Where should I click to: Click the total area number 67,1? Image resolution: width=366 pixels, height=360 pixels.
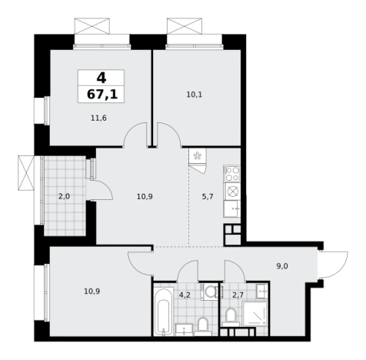pyautogui.click(x=102, y=95)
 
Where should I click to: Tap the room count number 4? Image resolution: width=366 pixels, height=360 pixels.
pyautogui.click(x=101, y=78)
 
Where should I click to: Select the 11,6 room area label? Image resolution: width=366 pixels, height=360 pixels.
pyautogui.click(x=98, y=118)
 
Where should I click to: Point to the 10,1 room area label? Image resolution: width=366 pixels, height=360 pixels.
pyautogui.click(x=195, y=95)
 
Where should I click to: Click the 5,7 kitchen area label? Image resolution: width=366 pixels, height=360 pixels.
pyautogui.click(x=208, y=197)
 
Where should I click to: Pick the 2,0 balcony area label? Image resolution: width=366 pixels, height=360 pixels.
pyautogui.click(x=64, y=197)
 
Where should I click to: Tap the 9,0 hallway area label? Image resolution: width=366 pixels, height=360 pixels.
pyautogui.click(x=282, y=266)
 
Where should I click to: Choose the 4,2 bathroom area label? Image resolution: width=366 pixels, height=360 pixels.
pyautogui.click(x=185, y=295)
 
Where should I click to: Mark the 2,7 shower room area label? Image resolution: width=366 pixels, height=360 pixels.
pyautogui.click(x=238, y=295)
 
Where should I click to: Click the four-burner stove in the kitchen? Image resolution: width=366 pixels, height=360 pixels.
pyautogui.click(x=232, y=174)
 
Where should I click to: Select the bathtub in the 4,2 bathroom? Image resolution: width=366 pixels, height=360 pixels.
pyautogui.click(x=163, y=312)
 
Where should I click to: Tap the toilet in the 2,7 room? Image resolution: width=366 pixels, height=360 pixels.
pyautogui.click(x=231, y=317)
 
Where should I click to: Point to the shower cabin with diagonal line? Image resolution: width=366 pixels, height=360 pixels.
pyautogui.click(x=255, y=314)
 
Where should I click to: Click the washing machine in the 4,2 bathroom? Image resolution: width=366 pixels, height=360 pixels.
pyautogui.click(x=210, y=292)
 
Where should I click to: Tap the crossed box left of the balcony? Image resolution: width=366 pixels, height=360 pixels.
pyautogui.click(x=26, y=173)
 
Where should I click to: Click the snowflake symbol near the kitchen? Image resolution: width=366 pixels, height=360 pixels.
pyautogui.click(x=197, y=156)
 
